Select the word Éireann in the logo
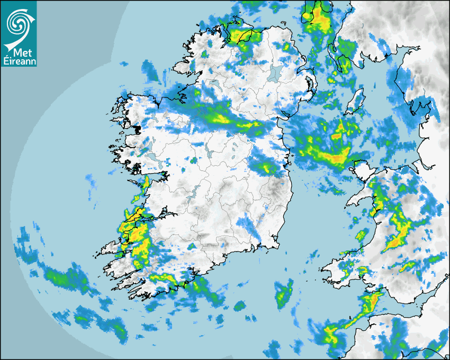coord(19,61)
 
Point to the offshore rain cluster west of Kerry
coord(64,278)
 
